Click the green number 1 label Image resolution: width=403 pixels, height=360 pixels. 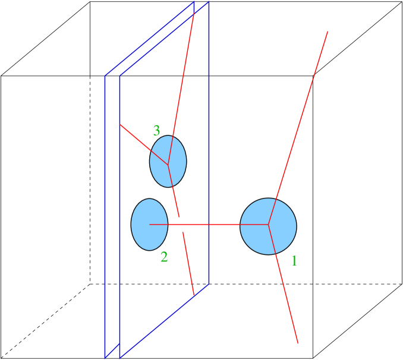click(x=294, y=260)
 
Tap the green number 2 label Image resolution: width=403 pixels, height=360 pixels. click(x=164, y=257)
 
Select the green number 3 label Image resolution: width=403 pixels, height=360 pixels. click(x=156, y=130)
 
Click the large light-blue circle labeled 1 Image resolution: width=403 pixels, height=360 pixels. click(x=268, y=226)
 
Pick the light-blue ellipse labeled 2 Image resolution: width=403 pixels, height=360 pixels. click(x=149, y=225)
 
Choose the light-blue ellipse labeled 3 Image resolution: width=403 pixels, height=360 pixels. click(x=168, y=161)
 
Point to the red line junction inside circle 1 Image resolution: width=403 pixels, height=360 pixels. click(x=269, y=225)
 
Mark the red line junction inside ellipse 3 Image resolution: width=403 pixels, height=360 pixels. click(x=168, y=164)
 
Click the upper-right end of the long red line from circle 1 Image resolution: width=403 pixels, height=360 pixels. click(x=328, y=31)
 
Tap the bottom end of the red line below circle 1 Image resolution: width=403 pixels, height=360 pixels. click(x=298, y=343)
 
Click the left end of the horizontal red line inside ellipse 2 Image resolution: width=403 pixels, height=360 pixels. click(x=149, y=225)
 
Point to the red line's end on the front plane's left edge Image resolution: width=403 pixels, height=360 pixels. click(x=120, y=125)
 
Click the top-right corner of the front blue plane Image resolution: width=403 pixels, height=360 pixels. click(x=209, y=3)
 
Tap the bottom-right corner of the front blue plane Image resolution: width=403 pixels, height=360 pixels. click(x=209, y=283)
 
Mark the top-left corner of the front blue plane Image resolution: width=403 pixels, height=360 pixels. click(x=120, y=76)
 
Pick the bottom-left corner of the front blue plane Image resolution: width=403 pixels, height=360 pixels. click(x=120, y=357)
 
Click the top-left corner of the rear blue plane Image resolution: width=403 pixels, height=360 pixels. click(x=105, y=76)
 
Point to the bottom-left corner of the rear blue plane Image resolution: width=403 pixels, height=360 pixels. click(x=105, y=357)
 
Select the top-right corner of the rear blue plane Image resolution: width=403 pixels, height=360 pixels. click(x=194, y=2)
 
